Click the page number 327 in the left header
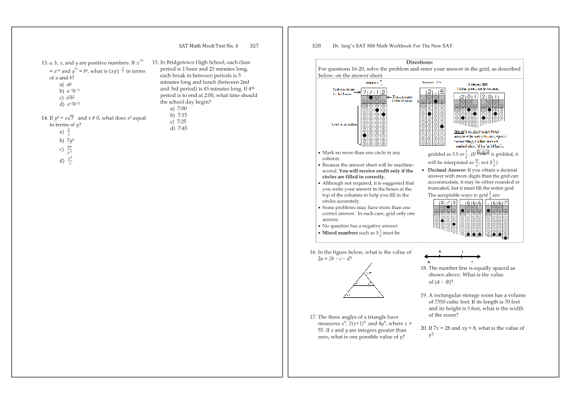pyautogui.click(x=254, y=46)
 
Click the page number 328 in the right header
pyautogui.click(x=316, y=46)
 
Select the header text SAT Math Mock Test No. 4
pyautogui.click(x=209, y=46)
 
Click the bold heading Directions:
pyautogui.click(x=420, y=63)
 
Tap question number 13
pyautogui.click(x=44, y=63)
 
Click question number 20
pyautogui.click(x=424, y=328)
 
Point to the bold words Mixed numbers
pyautogui.click(x=338, y=233)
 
